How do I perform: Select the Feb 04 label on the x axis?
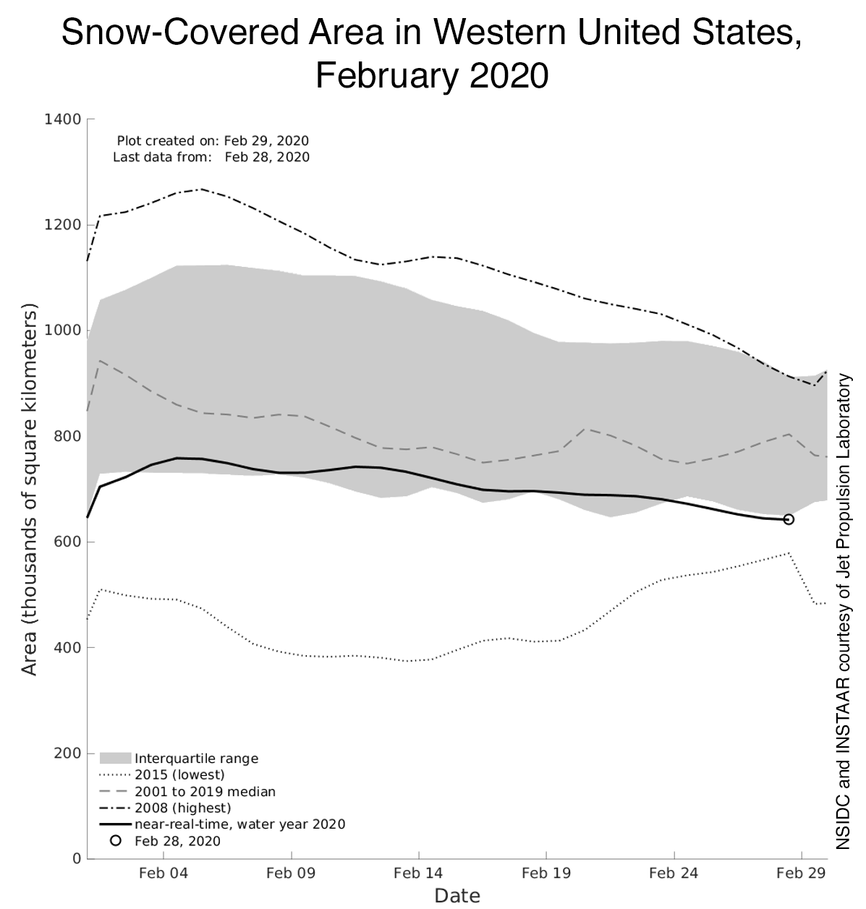[163, 873]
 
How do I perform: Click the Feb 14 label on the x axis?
[417, 873]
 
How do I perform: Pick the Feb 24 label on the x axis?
[673, 873]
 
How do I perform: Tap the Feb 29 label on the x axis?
[800, 873]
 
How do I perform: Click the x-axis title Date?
[457, 896]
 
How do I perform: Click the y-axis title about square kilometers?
[29, 490]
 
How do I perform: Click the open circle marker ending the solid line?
[789, 519]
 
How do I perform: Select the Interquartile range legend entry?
[196, 759]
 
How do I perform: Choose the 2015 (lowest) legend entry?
[179, 775]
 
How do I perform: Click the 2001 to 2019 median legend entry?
[205, 792]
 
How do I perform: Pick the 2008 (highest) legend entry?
[182, 808]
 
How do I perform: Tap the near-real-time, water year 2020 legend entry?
[239, 824]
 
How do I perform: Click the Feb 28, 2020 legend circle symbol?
[114, 841]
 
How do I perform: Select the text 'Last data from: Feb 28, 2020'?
[211, 157]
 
